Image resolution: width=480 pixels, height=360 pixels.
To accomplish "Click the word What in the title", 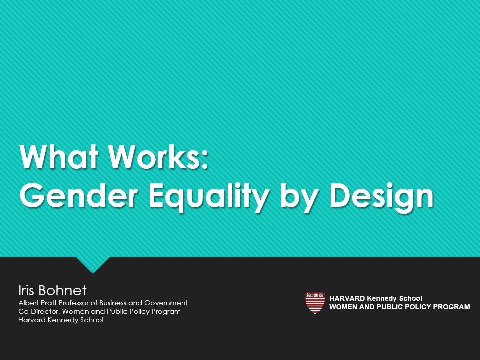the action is (59, 156).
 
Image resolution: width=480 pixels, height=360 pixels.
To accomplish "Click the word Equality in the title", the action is (209, 197).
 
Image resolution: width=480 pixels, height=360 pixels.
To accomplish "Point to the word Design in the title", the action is (382, 197).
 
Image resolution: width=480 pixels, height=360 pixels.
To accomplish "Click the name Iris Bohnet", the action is (53, 290).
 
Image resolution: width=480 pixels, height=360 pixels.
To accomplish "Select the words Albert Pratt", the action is (38, 303).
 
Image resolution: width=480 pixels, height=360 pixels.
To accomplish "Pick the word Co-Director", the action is (39, 311).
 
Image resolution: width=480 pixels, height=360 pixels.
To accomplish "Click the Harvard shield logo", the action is (315, 303).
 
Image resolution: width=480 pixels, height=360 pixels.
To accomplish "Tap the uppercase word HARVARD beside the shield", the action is (347, 298).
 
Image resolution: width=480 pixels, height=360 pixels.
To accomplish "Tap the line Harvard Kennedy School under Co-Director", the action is (61, 320).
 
